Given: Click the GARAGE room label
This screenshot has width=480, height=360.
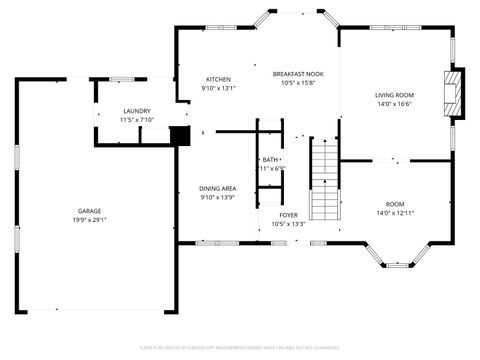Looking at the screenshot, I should (89, 211).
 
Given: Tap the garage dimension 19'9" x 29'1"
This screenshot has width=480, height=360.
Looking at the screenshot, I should (89, 220).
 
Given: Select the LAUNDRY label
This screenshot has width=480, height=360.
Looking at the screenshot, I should (137, 111).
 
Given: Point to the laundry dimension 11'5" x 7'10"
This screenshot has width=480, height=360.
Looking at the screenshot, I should (137, 120).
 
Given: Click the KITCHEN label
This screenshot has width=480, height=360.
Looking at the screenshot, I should (218, 79).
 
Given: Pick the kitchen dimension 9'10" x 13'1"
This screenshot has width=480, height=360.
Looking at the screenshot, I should (218, 88).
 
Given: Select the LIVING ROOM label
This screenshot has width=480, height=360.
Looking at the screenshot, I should (394, 95).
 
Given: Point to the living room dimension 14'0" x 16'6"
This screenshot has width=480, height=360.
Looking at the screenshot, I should (394, 104).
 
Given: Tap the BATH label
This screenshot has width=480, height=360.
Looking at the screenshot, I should (270, 160).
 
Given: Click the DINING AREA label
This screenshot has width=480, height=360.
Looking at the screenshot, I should (217, 188).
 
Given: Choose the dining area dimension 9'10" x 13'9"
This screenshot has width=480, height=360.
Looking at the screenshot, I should (217, 197).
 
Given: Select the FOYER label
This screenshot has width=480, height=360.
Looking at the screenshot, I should (288, 215).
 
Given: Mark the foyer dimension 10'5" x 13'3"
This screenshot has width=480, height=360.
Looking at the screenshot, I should (288, 224).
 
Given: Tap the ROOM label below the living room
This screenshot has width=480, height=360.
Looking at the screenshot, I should (394, 204).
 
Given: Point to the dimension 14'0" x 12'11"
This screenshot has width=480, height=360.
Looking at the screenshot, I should (394, 213).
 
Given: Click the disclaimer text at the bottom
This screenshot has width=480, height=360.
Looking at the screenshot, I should (240, 347).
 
